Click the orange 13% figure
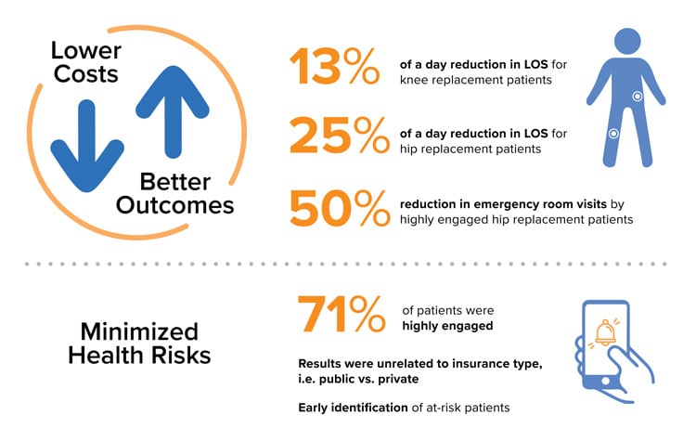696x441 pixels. (335, 66)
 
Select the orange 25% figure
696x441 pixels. (340, 135)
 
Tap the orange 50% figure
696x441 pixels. (340, 208)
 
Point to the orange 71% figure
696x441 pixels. (341, 314)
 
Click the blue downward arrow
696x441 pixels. (87, 147)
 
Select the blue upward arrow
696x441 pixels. (173, 111)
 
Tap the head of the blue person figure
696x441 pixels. (627, 41)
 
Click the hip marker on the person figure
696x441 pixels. (638, 97)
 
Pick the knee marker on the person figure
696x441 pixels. (613, 134)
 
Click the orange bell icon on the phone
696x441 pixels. (604, 332)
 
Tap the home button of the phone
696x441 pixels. (605, 381)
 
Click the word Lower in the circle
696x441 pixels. (86, 50)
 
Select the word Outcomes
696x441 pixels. (174, 205)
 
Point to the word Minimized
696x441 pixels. (139, 331)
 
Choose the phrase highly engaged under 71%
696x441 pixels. (447, 326)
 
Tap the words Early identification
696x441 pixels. (353, 408)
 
